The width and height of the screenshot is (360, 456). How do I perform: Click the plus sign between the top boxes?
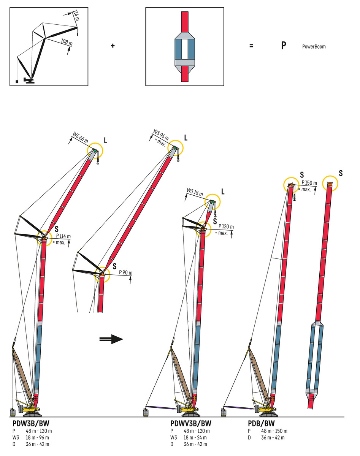113,46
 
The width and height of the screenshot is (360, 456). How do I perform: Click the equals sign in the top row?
251,46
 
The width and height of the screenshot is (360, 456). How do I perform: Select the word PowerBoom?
314,47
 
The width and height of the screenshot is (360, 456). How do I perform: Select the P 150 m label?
308,183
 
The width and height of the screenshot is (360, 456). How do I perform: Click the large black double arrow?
111,339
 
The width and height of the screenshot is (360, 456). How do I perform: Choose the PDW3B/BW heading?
31,424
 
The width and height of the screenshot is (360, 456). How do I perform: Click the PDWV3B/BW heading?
191,424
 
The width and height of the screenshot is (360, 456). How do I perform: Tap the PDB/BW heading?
261,424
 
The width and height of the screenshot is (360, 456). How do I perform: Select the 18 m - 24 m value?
196,437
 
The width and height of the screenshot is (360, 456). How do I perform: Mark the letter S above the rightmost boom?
341,173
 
